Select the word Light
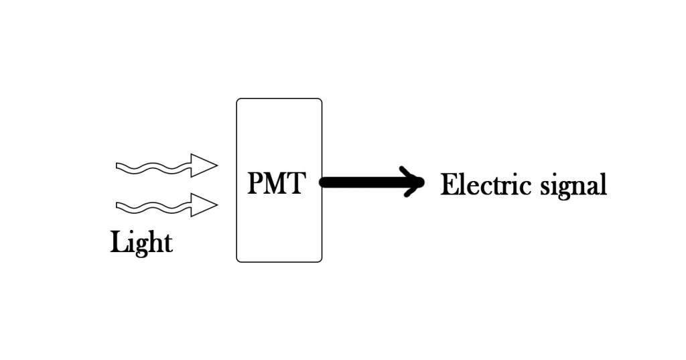(x=141, y=242)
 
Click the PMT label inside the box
(x=276, y=183)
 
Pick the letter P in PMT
(x=256, y=183)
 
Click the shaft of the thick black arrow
(x=362, y=182)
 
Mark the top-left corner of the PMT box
(x=237, y=100)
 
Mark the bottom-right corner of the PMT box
(x=321, y=261)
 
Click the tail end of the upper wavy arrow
(x=118, y=166)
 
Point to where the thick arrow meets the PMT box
(x=322, y=182)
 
